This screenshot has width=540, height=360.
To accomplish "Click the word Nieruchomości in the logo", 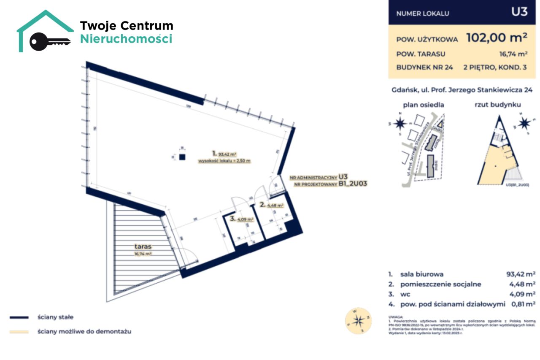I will (126, 39).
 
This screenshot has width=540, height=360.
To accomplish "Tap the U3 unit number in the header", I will (519, 12).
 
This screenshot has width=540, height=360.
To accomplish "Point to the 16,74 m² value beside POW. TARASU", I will (513, 54).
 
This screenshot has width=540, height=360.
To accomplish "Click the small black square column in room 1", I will (182, 157).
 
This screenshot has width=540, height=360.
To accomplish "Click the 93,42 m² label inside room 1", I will (230, 154).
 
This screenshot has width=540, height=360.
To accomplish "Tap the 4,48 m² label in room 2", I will (274, 206).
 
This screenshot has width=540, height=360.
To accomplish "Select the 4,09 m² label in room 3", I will (245, 219).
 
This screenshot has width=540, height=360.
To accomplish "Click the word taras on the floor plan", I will (143, 247).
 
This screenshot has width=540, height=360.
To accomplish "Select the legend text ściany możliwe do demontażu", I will (84, 332).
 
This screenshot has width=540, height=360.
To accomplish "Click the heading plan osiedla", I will (423, 105).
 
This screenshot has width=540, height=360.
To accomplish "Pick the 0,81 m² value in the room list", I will (521, 303).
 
